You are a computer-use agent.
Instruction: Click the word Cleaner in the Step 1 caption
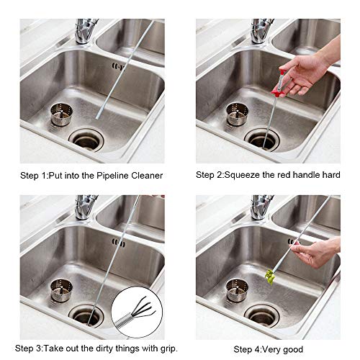click(x=146, y=175)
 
